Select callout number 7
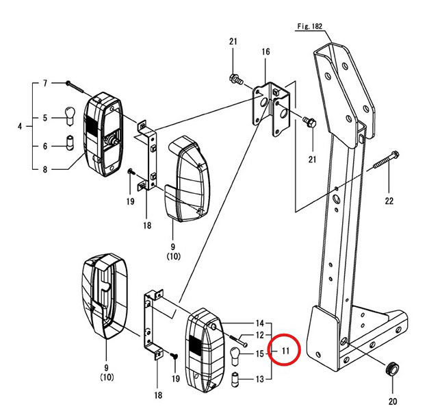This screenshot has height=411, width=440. point(46,83)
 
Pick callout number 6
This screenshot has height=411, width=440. point(46,147)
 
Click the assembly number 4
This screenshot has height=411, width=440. point(20,126)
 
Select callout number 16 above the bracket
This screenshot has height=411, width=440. point(266,52)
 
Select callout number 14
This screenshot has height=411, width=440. point(259,323)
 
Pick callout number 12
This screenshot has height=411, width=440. point(259,335)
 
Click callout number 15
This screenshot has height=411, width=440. point(259,353)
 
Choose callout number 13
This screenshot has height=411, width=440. point(259,379)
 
